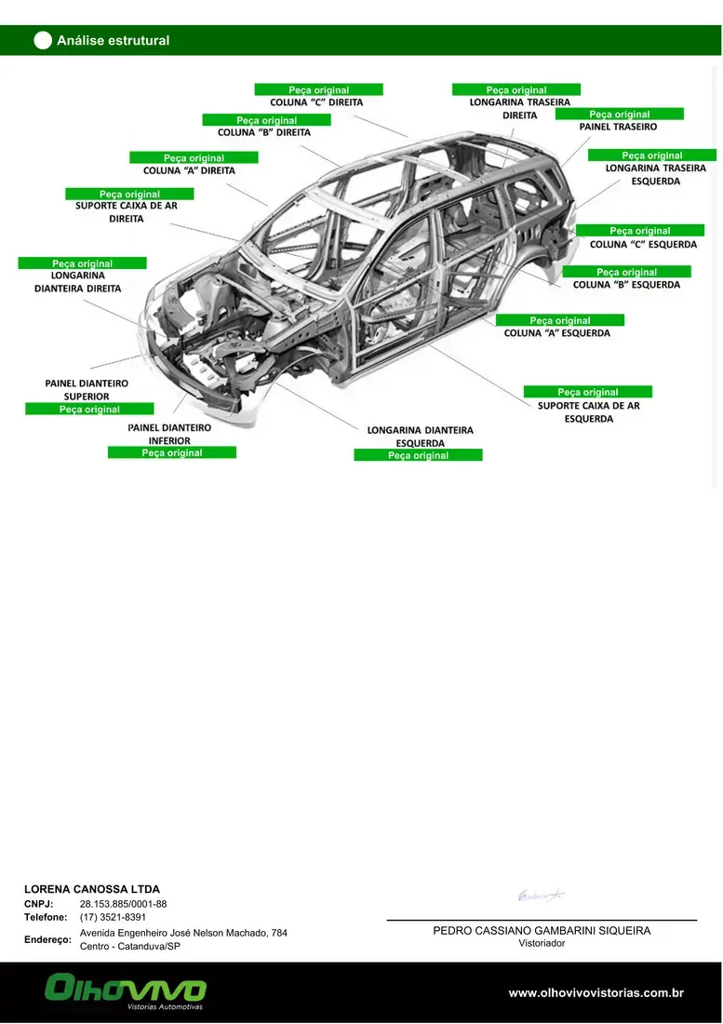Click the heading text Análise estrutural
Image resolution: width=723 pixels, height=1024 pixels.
click(113, 40)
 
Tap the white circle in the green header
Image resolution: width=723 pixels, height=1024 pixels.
click(43, 40)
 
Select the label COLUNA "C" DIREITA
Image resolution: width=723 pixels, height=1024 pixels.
click(316, 102)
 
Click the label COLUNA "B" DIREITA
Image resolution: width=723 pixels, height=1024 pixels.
click(264, 132)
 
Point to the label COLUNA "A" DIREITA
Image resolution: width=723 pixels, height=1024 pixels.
click(189, 170)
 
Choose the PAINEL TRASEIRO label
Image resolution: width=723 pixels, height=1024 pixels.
click(618, 127)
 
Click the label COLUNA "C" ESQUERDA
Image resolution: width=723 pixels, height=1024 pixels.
click(643, 244)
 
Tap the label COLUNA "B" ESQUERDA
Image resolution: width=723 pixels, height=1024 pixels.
click(626, 285)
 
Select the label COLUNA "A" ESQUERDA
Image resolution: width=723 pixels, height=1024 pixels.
click(557, 333)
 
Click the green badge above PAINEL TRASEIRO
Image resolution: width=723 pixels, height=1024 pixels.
click(619, 115)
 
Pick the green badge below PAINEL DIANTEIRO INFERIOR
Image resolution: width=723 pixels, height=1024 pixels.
click(171, 452)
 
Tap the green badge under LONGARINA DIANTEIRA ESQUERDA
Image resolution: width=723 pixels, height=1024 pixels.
click(419, 455)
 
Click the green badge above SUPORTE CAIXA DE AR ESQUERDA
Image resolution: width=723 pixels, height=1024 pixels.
click(588, 392)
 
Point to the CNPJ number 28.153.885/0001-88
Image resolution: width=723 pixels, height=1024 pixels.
click(124, 905)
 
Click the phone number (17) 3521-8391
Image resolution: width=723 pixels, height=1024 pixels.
click(113, 918)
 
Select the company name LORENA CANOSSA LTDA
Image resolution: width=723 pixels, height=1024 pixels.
click(92, 889)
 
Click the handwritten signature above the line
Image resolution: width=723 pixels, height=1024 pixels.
click(541, 895)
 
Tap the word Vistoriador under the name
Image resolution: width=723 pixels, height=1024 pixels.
click(542, 944)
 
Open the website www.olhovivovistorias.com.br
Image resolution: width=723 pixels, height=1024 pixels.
click(596, 993)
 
